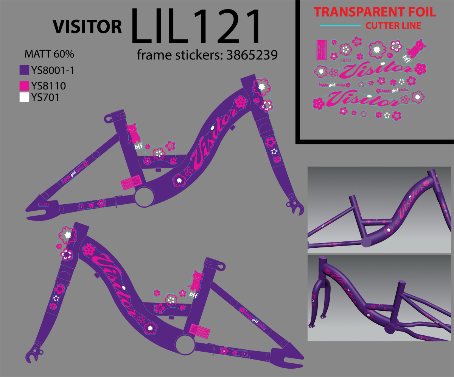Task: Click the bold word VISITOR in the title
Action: pyautogui.click(x=87, y=27)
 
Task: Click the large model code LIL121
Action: pyautogui.click(x=196, y=27)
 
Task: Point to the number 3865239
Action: pyautogui.click(x=252, y=55)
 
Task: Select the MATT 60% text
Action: pyautogui.click(x=49, y=54)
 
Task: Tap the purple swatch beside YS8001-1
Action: pyautogui.click(x=24, y=70)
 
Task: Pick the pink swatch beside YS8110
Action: pyautogui.click(x=24, y=86)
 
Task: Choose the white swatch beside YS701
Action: pyautogui.click(x=24, y=97)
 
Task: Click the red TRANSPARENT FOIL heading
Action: pyautogui.click(x=375, y=12)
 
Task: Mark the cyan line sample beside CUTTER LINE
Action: pyautogui.click(x=340, y=26)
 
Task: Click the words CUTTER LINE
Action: pyautogui.click(x=393, y=26)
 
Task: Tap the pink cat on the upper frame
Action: pyautogui.click(x=132, y=133)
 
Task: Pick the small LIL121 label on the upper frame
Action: pyautogui.click(x=44, y=204)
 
